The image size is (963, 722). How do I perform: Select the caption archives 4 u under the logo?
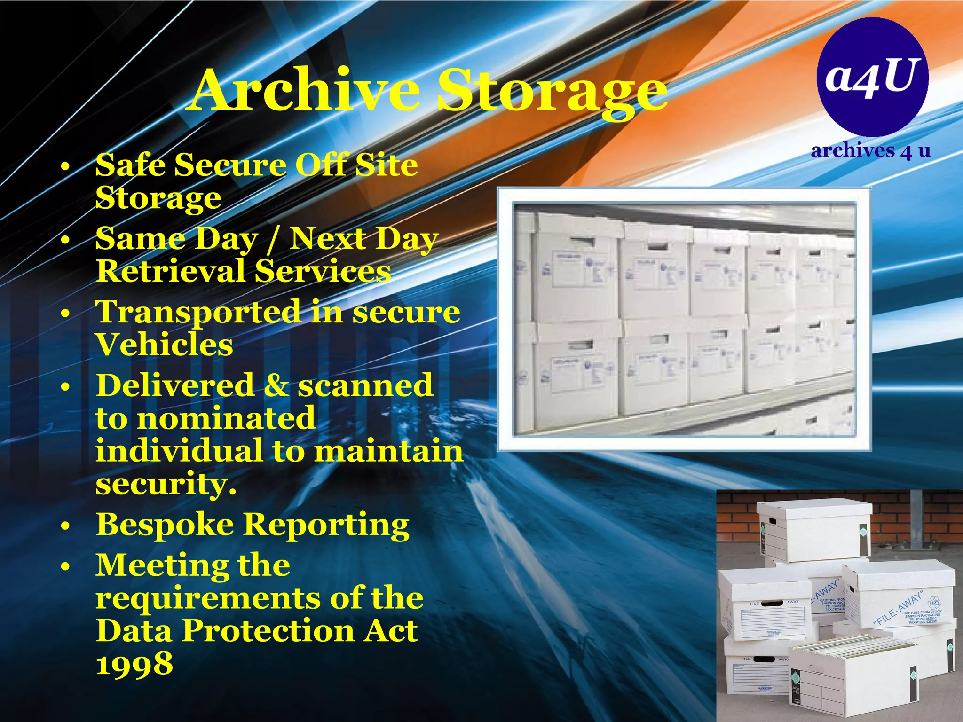(x=871, y=150)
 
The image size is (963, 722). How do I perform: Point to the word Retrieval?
(x=170, y=271)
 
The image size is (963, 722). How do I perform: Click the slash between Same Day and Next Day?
(x=273, y=239)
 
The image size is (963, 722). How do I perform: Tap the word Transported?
(x=198, y=313)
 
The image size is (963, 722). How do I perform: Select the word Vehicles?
(x=164, y=345)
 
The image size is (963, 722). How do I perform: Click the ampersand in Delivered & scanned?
(x=276, y=385)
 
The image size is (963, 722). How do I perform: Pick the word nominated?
(x=226, y=418)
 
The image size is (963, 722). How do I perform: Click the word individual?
(x=179, y=450)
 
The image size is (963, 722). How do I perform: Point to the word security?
(x=166, y=484)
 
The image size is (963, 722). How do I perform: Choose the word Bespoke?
(x=165, y=525)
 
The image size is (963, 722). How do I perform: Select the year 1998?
(x=134, y=664)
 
